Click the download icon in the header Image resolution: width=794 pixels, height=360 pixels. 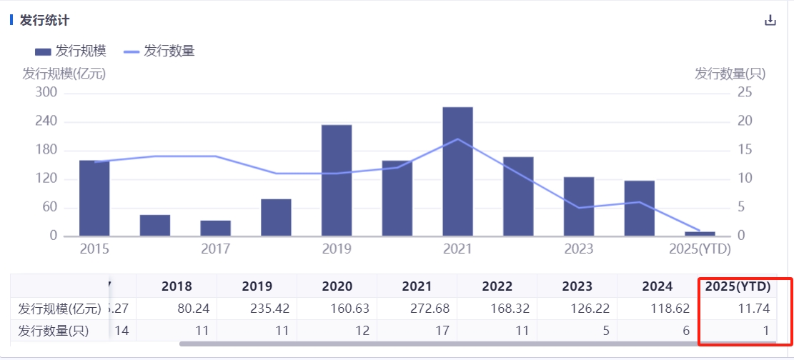coord(770,20)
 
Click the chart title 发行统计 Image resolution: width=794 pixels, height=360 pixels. coord(44,20)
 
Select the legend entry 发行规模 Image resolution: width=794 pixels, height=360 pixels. coord(71,51)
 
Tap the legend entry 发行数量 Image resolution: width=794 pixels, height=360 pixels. coord(159,51)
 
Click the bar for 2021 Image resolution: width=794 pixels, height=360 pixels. coord(457,171)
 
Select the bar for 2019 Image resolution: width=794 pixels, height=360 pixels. coord(337,181)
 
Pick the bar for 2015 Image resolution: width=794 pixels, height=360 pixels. coord(94,198)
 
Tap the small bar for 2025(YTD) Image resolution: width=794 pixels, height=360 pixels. coord(700,234)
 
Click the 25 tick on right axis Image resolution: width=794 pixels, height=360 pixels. coord(745,93)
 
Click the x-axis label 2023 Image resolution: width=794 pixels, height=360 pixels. coord(578,249)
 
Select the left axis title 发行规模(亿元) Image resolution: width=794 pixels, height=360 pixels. coord(64,73)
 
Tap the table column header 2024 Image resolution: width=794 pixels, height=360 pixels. coord(657,286)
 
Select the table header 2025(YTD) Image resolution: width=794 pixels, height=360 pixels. coord(738,286)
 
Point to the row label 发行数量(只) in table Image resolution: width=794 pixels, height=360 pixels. coord(54,331)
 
